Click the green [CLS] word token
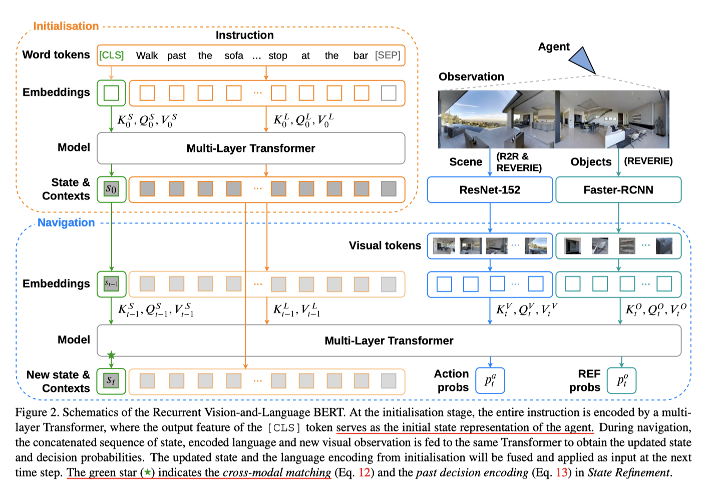point(111,55)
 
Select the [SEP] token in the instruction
point(388,55)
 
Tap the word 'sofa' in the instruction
point(234,56)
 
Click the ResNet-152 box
point(490,190)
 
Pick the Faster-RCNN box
point(618,190)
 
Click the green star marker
point(111,355)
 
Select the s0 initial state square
point(111,189)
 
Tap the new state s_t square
point(111,381)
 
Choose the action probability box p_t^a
point(490,381)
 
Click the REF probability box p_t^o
point(621,381)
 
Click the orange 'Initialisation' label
point(66,26)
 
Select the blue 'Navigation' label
point(66,222)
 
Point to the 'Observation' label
point(471,77)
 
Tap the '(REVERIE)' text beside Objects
point(648,161)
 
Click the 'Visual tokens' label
point(385,246)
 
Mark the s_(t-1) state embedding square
point(111,284)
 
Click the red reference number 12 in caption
point(364,472)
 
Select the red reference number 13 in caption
point(562,472)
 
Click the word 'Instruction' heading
point(244,35)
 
